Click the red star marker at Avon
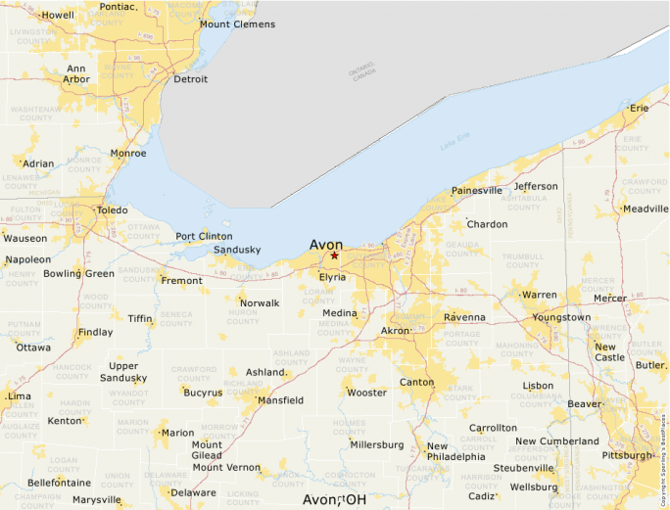(x=334, y=255)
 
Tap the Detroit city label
(x=190, y=79)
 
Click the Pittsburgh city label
(x=626, y=455)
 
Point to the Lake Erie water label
(x=455, y=146)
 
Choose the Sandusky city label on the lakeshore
(x=237, y=250)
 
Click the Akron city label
(x=395, y=331)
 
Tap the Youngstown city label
(x=561, y=317)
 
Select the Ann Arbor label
(x=76, y=74)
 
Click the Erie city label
(x=640, y=108)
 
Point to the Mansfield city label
(x=279, y=400)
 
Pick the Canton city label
(x=416, y=382)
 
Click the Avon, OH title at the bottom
(x=334, y=499)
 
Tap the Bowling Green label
(x=78, y=273)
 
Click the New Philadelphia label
(x=455, y=451)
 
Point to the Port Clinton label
(x=204, y=236)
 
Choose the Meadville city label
(x=645, y=209)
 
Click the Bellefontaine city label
(x=59, y=483)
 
